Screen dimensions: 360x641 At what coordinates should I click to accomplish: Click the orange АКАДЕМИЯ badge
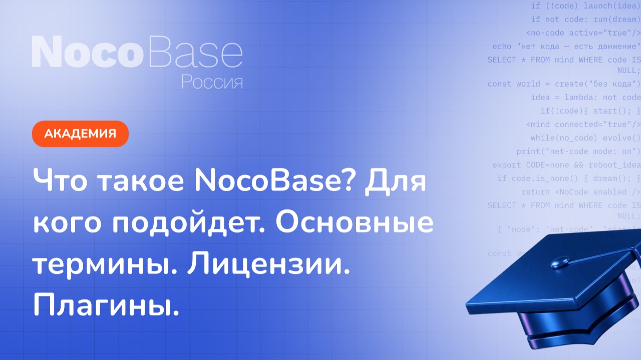(x=80, y=134)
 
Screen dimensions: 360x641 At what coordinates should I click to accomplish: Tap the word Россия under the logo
(x=212, y=82)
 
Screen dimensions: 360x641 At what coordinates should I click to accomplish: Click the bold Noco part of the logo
(x=85, y=52)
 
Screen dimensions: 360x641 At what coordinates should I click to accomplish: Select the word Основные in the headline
(x=354, y=224)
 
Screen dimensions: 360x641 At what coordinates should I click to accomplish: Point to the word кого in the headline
(x=68, y=224)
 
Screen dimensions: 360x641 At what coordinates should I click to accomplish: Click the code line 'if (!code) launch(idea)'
(x=585, y=6)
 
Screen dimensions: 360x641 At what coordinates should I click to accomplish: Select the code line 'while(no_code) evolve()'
(x=585, y=138)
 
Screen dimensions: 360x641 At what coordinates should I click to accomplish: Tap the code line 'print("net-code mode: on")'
(x=578, y=151)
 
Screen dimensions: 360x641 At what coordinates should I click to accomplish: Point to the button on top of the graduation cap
(x=560, y=261)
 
